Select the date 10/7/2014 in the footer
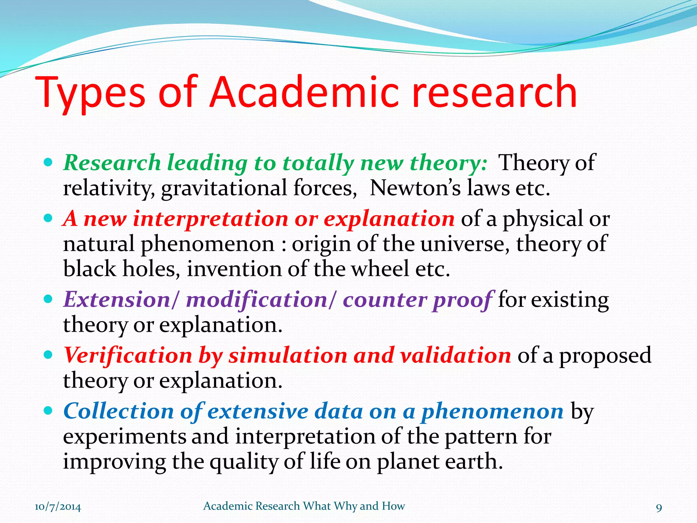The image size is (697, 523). click(58, 507)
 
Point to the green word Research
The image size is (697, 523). click(112, 163)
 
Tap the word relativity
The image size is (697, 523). click(109, 188)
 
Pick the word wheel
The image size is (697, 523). click(379, 269)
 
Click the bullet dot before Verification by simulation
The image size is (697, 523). click(48, 355)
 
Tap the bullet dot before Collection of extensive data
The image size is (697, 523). click(48, 411)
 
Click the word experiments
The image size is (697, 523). click(124, 437)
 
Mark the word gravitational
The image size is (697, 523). click(225, 188)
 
